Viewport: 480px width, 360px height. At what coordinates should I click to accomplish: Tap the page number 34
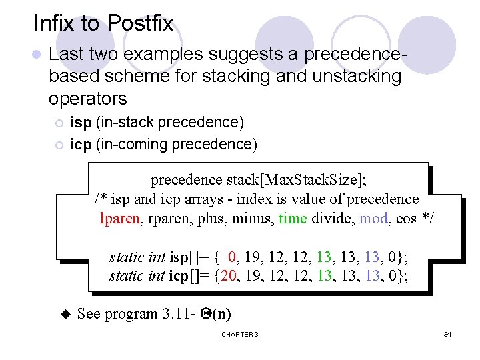tap(447, 333)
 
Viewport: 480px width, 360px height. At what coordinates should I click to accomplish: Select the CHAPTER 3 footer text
tap(239, 333)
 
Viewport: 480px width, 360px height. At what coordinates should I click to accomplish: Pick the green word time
tap(293, 218)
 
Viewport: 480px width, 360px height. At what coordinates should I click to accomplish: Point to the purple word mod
tap(372, 218)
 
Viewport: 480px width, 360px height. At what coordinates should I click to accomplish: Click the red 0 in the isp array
tap(231, 257)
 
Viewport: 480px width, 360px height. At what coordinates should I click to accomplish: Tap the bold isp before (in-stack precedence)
tap(81, 123)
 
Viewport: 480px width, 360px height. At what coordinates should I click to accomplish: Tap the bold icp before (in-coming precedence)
tap(81, 144)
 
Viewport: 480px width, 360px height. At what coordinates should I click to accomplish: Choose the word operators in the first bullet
tap(87, 99)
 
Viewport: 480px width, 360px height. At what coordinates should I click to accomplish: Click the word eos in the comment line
tap(407, 218)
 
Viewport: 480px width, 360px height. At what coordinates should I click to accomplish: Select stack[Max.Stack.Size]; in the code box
tap(297, 180)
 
